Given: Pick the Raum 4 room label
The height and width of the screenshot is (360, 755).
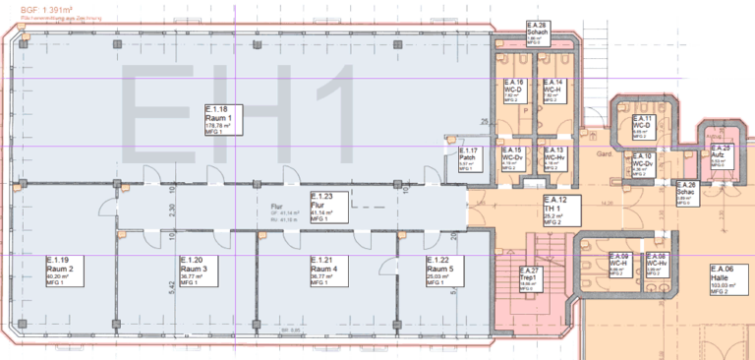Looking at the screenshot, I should point(326,270).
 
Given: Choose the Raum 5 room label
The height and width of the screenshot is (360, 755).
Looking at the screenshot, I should point(441,270).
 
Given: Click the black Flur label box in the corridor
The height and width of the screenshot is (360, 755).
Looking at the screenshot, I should point(326,208).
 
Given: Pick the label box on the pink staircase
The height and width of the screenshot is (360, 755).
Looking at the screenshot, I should point(530,279).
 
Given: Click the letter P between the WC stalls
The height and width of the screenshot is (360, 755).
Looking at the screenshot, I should point(527,111).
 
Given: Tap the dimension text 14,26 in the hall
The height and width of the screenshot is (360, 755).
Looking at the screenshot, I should point(609,204).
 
